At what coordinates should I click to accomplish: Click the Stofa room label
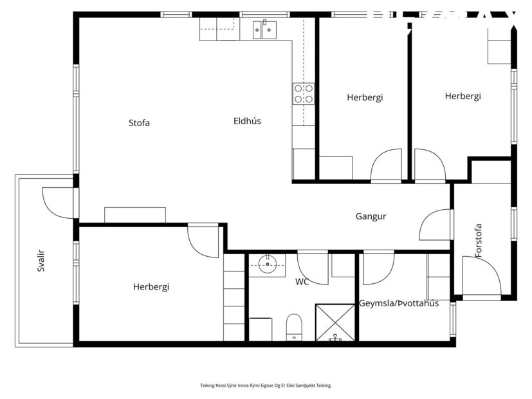pos(139,122)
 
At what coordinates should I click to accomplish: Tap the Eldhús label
pos(247,120)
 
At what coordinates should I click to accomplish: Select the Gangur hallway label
pos(371,216)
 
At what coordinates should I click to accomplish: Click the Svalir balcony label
pos(41,260)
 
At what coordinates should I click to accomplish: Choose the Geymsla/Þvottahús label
pos(399,303)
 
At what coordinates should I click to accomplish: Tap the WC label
pos(302,282)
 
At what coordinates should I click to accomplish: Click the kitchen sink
pos(264,28)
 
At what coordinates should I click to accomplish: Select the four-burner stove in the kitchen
pos(304,94)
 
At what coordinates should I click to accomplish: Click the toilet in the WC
pos(293,326)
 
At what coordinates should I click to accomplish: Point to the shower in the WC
pos(335,322)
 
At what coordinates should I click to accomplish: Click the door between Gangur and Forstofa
pos(436,225)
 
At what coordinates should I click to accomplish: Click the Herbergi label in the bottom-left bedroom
pos(151,287)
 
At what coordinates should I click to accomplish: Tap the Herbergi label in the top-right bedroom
pos(463,96)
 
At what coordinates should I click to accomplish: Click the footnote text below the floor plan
pos(266,385)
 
